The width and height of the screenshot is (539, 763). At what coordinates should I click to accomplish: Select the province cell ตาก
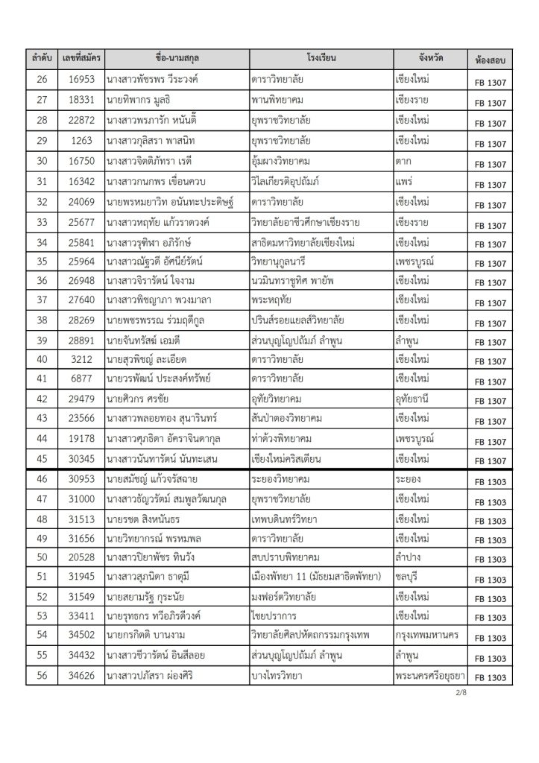(406, 159)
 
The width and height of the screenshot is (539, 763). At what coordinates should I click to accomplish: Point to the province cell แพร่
(407, 180)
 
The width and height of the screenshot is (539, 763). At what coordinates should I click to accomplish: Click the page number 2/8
(501, 694)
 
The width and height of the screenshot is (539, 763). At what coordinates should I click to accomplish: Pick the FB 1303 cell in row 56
(489, 677)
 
